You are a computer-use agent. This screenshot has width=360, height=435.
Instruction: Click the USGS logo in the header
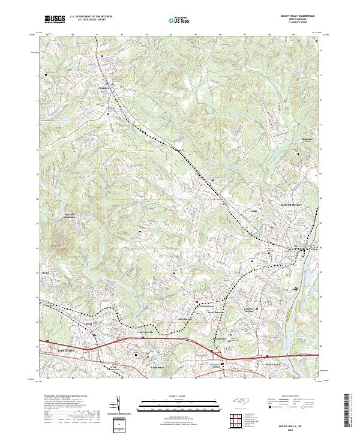[55, 19]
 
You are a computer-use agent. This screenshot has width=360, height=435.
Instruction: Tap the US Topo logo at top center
[179, 20]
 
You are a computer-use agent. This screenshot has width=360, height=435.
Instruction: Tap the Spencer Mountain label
[71, 216]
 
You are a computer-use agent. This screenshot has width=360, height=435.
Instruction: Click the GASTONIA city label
[52, 349]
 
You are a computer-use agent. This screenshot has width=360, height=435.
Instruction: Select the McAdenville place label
[147, 331]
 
